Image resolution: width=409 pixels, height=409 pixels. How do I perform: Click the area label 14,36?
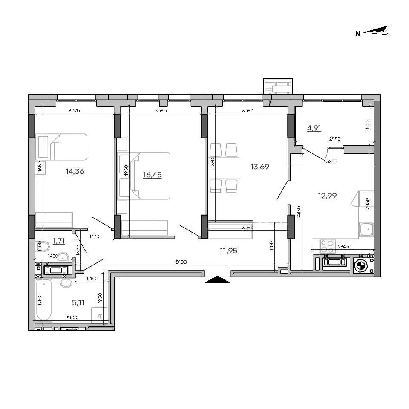[x=75, y=171]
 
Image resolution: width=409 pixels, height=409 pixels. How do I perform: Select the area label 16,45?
[x=153, y=175]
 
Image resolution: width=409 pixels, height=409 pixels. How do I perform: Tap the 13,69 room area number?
[x=260, y=167]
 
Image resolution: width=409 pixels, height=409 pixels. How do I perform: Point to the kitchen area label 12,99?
[x=327, y=196]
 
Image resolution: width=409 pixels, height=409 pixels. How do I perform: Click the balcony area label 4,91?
[x=314, y=128]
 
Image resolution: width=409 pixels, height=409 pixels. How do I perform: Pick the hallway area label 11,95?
[x=229, y=251]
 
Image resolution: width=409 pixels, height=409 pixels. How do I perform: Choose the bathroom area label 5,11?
[x=78, y=302]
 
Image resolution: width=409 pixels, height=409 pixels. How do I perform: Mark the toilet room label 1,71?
[x=59, y=241]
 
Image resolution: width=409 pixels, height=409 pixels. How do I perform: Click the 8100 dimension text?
[x=181, y=262]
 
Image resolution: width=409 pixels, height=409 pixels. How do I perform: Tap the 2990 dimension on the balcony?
[x=335, y=139]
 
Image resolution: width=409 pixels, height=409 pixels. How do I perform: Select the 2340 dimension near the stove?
[x=343, y=247]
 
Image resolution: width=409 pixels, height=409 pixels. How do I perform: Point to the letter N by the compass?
[x=357, y=33]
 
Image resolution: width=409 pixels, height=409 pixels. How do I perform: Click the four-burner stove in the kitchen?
[x=327, y=246]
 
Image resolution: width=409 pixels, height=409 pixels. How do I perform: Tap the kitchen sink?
[x=366, y=229]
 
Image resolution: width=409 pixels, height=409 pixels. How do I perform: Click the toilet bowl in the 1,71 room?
[x=43, y=246]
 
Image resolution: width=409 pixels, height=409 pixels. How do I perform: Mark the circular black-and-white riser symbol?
[x=361, y=266]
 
